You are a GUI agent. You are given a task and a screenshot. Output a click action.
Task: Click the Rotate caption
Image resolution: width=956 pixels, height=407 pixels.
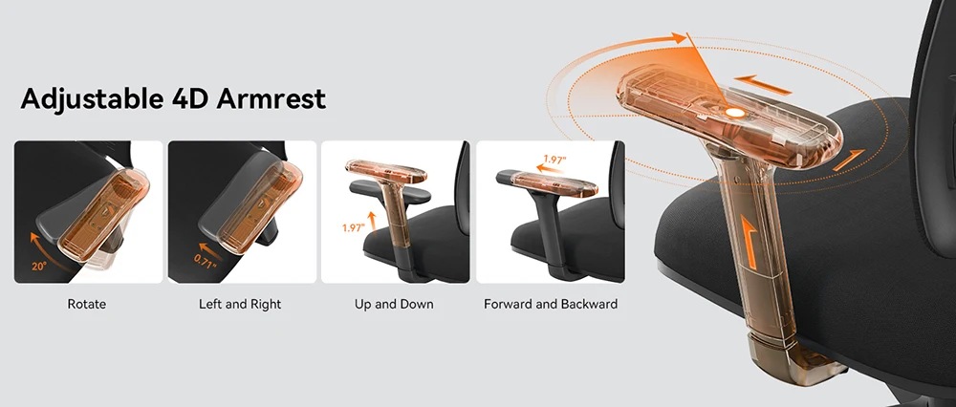[87, 304]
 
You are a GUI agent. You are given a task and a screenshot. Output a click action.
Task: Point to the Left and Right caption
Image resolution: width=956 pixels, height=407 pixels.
[240, 304]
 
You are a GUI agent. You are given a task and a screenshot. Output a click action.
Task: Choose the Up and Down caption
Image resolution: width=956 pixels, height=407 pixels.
[394, 304]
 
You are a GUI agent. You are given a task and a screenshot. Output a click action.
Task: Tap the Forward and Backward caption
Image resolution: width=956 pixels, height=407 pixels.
[551, 304]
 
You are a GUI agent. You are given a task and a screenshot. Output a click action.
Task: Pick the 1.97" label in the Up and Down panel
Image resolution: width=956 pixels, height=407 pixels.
[353, 228]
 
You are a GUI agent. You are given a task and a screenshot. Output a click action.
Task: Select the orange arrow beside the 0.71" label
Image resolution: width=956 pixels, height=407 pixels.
[207, 248]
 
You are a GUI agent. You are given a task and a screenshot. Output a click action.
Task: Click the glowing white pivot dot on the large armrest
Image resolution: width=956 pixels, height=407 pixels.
[735, 112]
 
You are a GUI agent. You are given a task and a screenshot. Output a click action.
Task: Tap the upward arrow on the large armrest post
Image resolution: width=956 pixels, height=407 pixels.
[750, 241]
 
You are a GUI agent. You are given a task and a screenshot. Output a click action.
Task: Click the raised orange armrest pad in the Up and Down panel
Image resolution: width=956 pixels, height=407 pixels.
[386, 171]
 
